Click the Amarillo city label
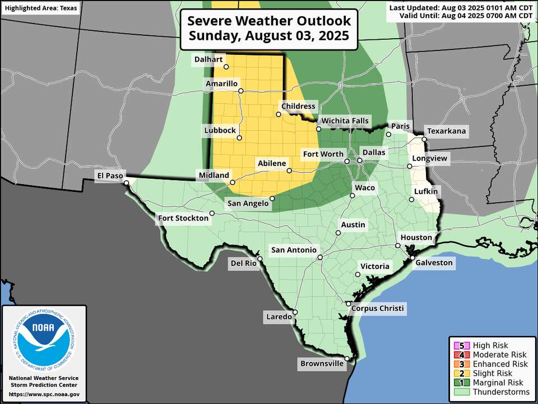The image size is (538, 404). (221, 84)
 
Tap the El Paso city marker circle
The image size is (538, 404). (127, 182)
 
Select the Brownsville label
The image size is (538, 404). (322, 364)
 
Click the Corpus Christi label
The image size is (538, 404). (377, 309)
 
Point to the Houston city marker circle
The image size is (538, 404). (397, 246)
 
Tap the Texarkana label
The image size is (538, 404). (446, 131)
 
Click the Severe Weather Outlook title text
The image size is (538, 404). (269, 29)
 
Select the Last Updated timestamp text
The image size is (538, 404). (461, 7)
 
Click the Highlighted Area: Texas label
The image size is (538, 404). (41, 8)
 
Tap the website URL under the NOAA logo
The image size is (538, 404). (44, 395)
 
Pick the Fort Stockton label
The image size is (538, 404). (182, 218)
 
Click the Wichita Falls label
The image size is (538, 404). (345, 121)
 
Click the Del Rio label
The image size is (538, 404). (243, 263)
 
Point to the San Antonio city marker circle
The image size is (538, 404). (319, 258)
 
